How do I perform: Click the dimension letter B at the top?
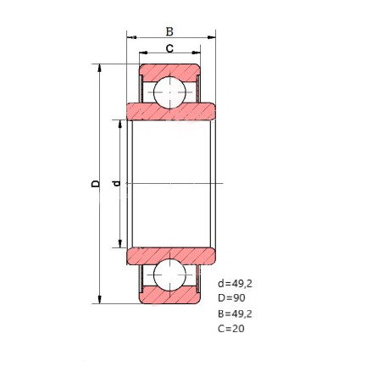click(169, 31)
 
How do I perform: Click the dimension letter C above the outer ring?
click(169, 48)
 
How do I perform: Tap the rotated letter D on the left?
click(96, 184)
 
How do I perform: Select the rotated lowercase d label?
click(116, 184)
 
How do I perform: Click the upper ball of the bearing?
click(169, 92)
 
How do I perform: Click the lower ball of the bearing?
click(169, 275)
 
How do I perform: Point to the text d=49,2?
click(235, 284)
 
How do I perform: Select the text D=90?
click(231, 298)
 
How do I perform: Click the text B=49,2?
click(235, 314)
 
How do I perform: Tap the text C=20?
click(231, 329)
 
